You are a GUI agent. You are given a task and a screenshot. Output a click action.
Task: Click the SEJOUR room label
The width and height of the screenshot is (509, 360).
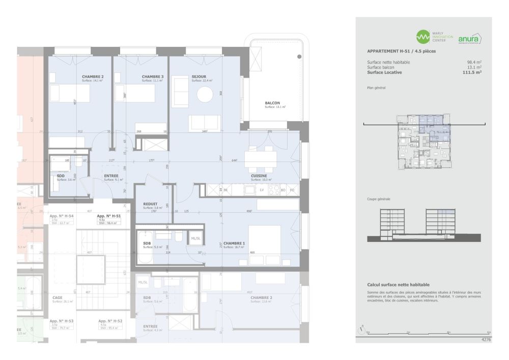(199, 77)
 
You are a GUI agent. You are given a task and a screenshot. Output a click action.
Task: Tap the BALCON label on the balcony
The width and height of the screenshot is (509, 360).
(272, 103)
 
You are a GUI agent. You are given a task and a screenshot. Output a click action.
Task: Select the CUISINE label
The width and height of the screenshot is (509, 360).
(259, 176)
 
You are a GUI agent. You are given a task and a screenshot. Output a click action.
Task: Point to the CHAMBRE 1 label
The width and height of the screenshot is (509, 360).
(234, 243)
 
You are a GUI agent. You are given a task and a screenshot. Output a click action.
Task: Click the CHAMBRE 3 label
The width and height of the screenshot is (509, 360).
(153, 77)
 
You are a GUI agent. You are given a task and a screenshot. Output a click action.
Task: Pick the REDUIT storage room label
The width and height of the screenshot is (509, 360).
(150, 204)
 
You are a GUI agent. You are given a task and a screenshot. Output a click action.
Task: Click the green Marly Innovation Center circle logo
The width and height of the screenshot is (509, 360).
(422, 37)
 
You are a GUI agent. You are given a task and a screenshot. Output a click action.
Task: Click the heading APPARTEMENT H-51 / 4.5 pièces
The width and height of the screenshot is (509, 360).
(401, 51)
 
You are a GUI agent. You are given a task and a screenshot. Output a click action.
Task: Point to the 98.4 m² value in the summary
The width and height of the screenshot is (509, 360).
(473, 62)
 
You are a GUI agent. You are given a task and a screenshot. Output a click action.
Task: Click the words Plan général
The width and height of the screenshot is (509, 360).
(376, 88)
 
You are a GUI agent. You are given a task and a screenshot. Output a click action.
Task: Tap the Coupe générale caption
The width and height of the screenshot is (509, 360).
(378, 199)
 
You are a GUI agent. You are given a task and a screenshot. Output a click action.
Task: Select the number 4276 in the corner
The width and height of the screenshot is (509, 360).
(487, 339)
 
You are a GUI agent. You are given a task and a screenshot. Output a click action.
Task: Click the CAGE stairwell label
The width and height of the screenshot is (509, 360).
(57, 297)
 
